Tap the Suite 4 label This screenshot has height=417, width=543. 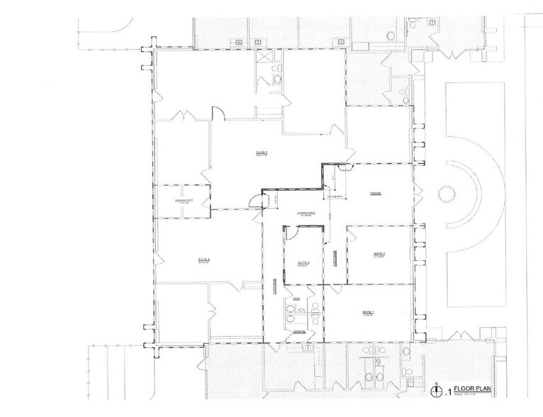205,260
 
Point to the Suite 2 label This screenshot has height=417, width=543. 379,254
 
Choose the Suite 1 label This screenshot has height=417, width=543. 368,313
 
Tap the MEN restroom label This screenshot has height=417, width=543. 298,301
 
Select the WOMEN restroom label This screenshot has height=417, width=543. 300,331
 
